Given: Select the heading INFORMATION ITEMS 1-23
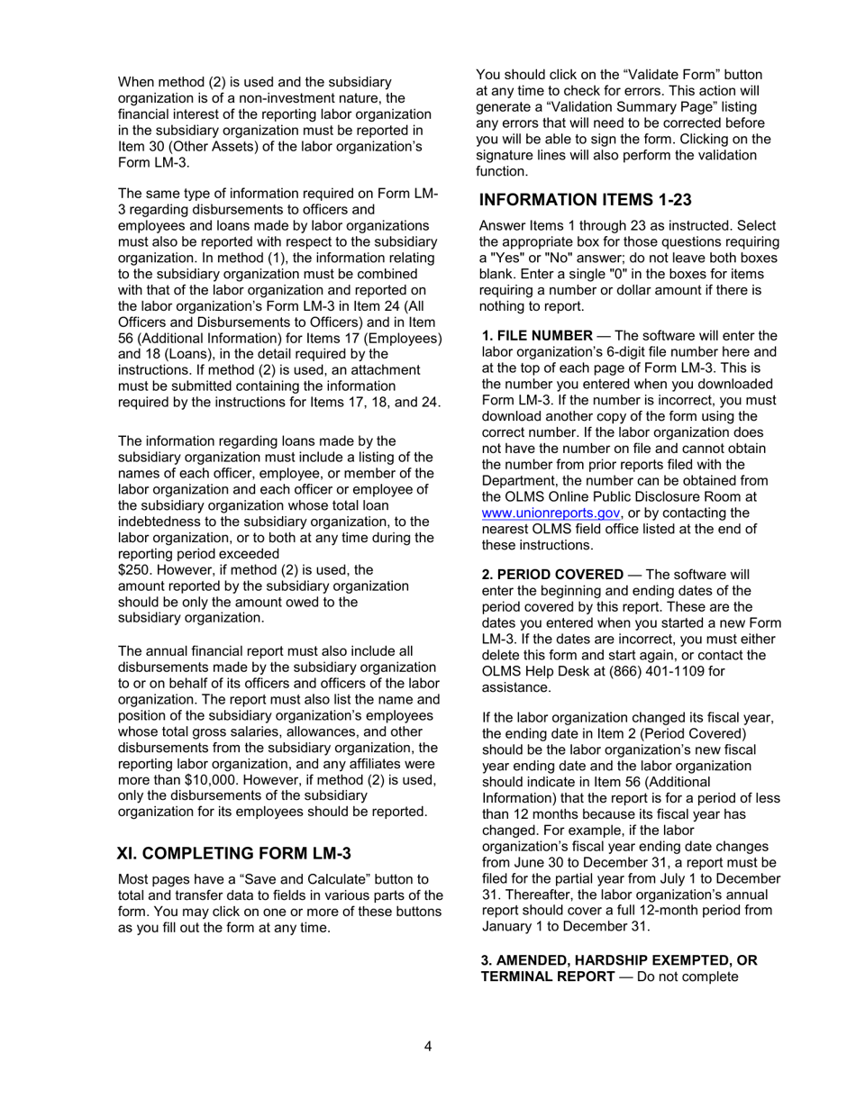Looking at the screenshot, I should [x=585, y=199].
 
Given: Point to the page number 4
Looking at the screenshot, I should [x=428, y=1046].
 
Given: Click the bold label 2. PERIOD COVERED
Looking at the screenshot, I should [x=552, y=575].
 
